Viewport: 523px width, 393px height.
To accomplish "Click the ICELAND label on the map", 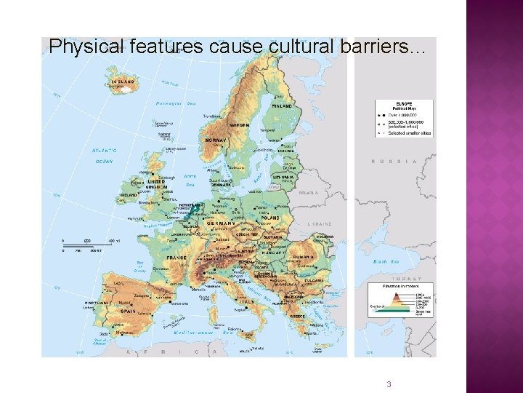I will point(123,82).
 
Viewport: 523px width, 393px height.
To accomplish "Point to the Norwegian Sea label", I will point(176,104).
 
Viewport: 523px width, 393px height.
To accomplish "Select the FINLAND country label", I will point(283,106).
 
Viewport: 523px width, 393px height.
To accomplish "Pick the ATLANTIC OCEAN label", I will point(104,156).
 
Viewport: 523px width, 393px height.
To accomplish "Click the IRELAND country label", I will point(129,195).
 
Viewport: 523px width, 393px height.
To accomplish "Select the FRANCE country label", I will point(177,258).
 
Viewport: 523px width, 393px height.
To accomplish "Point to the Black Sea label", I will point(385,261).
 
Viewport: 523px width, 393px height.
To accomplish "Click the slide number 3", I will point(389,384).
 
